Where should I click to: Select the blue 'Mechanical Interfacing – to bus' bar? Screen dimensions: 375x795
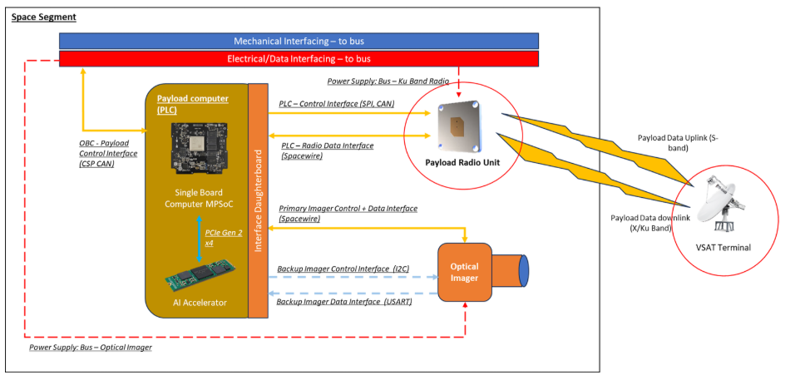[299, 41]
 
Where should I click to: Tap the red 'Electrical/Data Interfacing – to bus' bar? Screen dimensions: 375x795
[299, 59]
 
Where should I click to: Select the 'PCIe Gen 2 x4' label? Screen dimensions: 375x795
[217, 239]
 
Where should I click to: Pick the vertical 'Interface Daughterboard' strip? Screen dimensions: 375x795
[257, 200]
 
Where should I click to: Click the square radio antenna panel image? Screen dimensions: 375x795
[452, 123]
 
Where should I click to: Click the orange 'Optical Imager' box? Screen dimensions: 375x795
[465, 272]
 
